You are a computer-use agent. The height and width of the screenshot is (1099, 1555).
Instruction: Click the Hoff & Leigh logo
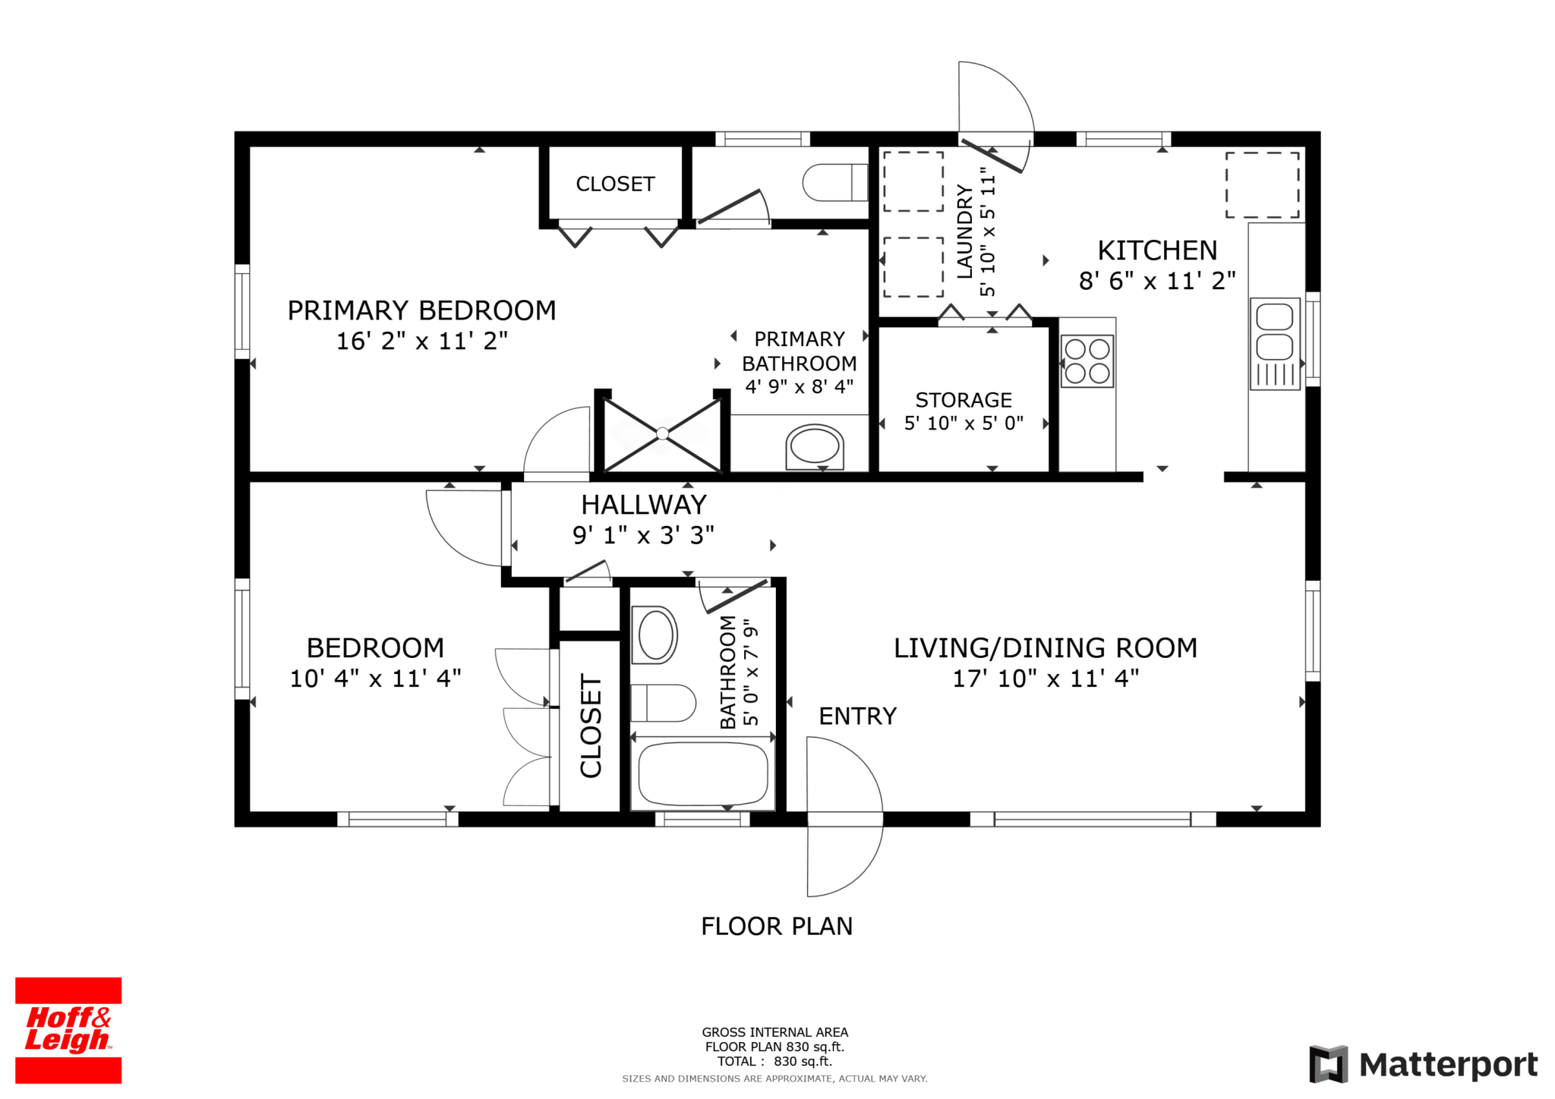68,1030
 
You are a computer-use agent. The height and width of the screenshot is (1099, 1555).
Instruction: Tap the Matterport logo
1424,1064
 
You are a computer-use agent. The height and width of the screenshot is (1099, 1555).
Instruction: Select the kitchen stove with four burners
1087,361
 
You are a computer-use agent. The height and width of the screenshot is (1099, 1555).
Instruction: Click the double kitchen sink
1275,344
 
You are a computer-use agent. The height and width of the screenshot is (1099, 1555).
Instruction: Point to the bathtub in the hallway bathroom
703,773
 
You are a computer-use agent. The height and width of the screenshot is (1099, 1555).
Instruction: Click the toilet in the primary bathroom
835,182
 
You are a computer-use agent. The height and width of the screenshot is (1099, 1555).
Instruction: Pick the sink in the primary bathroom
815,446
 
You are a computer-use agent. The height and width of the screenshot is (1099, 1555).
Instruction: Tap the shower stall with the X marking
662,433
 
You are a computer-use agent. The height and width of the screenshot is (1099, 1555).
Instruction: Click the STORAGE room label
964,400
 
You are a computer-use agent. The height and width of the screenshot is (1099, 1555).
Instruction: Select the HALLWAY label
644,505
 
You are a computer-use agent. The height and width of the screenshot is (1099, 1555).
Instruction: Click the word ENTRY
858,716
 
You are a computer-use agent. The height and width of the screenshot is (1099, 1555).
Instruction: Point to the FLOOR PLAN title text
777,926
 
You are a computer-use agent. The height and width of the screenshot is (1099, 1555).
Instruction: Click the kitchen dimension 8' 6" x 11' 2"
1157,281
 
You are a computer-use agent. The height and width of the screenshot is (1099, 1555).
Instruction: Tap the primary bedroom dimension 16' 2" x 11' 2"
422,341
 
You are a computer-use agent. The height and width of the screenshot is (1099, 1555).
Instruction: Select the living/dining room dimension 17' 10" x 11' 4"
1046,678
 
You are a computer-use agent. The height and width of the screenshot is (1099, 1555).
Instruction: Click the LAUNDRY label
964,231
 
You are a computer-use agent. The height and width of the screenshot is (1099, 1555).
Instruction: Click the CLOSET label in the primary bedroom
615,184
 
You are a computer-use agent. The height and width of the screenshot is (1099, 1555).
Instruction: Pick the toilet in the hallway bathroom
663,703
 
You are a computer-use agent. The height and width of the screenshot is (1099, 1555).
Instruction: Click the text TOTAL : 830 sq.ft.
774,1061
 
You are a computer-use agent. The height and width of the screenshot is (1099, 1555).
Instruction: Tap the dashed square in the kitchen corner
1262,185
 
